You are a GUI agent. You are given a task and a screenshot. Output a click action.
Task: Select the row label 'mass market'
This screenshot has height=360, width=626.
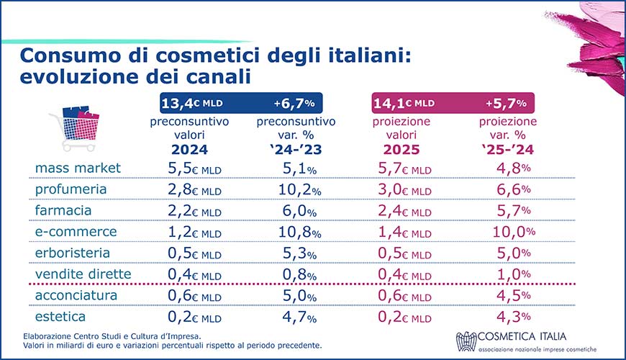[x=78, y=168]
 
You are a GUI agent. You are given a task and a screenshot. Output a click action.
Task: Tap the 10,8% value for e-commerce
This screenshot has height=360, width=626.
[x=296, y=232]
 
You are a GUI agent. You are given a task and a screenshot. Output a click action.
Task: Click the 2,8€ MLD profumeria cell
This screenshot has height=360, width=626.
[x=189, y=189]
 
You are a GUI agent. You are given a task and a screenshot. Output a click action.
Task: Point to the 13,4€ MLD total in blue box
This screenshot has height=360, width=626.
[x=189, y=102]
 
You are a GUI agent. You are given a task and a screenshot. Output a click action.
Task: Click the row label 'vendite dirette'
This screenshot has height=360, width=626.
[x=83, y=274]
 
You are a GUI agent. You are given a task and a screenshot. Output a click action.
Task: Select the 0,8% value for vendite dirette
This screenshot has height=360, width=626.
[x=296, y=274]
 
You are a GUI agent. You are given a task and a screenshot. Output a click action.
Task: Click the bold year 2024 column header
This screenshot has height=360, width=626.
[x=189, y=150]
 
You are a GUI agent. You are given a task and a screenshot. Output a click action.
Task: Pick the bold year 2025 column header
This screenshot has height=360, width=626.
[x=402, y=150]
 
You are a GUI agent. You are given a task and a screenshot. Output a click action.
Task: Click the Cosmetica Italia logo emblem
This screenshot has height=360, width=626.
[x=468, y=341]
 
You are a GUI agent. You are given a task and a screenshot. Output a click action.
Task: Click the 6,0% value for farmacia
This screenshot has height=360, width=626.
[x=296, y=210]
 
